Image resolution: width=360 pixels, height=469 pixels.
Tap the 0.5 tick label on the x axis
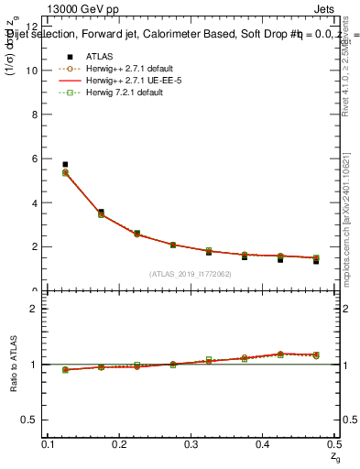tap(334, 444)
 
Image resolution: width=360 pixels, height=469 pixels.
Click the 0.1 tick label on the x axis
tap(49, 444)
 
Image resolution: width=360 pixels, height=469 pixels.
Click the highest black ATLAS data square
tap(65, 164)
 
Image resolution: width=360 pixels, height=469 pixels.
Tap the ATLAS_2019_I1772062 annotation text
tap(191, 274)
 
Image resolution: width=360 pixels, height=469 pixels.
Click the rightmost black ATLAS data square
tap(316, 261)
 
